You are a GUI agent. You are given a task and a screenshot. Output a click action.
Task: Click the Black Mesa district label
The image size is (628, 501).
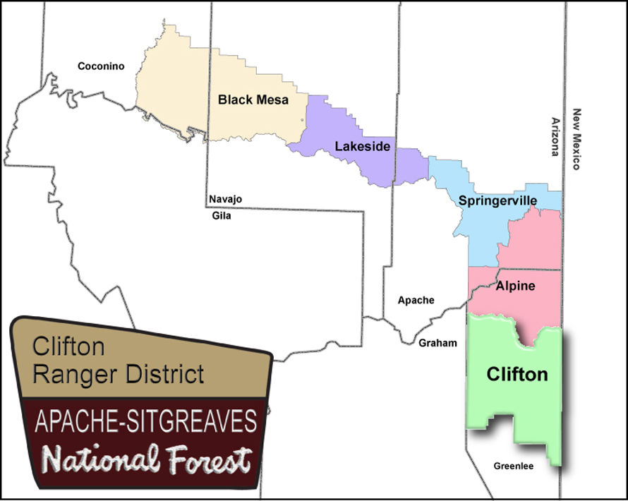click(253, 99)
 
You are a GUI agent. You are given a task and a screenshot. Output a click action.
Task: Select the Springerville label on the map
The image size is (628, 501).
click(497, 201)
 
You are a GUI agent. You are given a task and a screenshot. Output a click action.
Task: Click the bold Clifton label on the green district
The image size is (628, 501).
click(517, 374)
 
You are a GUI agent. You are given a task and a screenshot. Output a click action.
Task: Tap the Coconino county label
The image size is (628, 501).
click(100, 66)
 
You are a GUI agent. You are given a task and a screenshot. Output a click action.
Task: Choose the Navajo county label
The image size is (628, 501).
click(225, 200)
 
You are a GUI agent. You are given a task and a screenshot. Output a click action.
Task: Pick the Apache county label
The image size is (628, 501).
click(416, 300)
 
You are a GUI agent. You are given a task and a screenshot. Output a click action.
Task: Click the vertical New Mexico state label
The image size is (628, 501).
click(576, 139)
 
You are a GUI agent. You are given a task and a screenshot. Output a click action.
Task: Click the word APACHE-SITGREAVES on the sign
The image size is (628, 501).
click(145, 423)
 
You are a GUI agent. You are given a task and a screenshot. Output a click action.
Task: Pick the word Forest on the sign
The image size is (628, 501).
click(205, 459)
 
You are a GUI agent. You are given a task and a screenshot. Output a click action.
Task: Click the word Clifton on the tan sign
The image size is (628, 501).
click(68, 346)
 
